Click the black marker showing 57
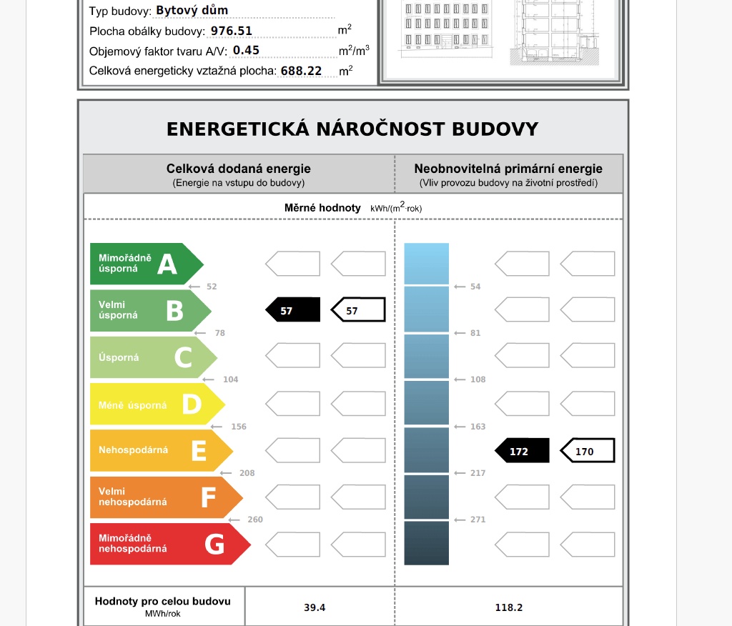292,310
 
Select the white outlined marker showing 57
358,310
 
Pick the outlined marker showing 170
587,451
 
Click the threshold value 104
230,379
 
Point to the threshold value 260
255,520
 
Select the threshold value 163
478,427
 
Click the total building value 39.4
315,607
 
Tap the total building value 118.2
509,607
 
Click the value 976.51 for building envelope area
232,31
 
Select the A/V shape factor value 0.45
247,51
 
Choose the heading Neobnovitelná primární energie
508,169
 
